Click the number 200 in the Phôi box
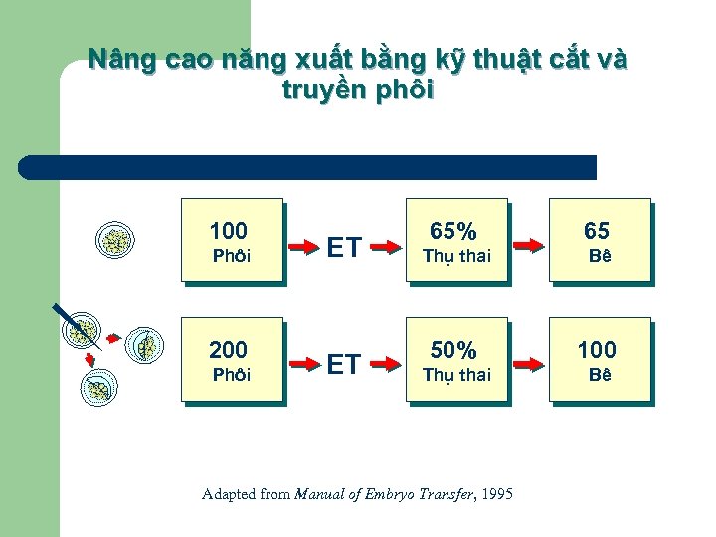(x=229, y=350)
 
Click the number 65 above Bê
(x=597, y=231)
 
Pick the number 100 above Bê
(x=597, y=350)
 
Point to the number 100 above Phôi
(x=229, y=231)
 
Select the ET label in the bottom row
(x=344, y=365)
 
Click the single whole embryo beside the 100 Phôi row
(x=118, y=241)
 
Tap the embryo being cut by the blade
(x=84, y=332)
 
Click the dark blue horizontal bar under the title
(x=308, y=167)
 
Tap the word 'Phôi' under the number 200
(x=233, y=375)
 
